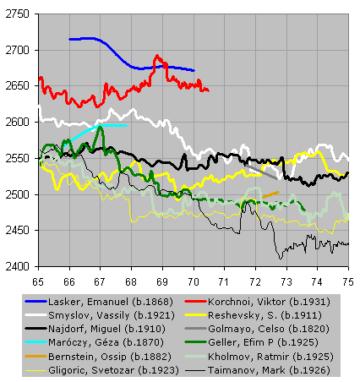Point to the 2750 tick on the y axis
pyautogui.click(x=17, y=14)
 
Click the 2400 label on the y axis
pyautogui.click(x=17, y=266)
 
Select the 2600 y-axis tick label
pyautogui.click(x=17, y=122)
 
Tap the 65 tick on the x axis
pyautogui.click(x=38, y=281)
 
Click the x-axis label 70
pyautogui.click(x=194, y=281)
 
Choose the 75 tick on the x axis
pyautogui.click(x=348, y=281)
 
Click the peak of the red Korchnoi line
pyautogui.click(x=157, y=56)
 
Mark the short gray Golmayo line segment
pyautogui.click(x=261, y=172)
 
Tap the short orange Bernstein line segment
pyautogui.click(x=270, y=194)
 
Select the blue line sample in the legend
pyautogui.click(x=35, y=302)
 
